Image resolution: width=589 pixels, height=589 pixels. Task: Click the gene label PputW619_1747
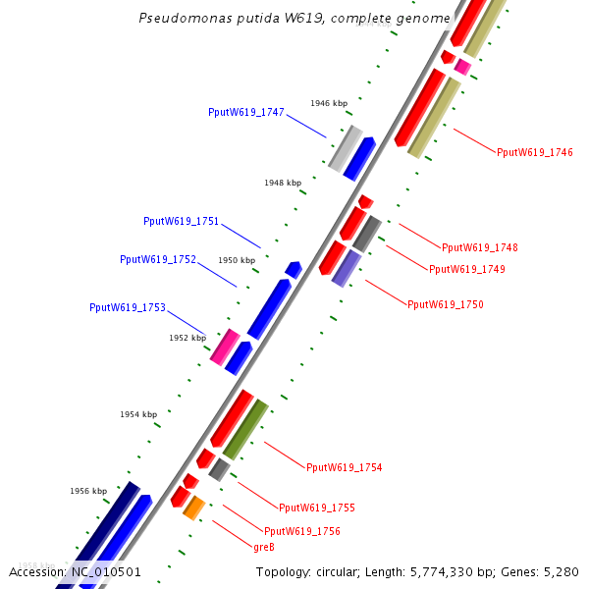(x=245, y=112)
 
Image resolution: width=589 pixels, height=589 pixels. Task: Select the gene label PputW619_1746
(x=534, y=152)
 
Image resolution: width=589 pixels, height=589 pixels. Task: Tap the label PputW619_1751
(x=181, y=222)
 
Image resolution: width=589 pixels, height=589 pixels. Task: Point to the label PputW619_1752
(x=158, y=260)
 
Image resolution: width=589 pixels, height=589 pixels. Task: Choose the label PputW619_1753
(x=128, y=307)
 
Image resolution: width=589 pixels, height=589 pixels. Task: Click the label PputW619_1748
(x=479, y=247)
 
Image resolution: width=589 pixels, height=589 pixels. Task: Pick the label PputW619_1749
(x=466, y=269)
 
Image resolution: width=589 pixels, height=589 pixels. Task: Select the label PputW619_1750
(x=445, y=305)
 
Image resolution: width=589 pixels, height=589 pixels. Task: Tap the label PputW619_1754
(x=344, y=467)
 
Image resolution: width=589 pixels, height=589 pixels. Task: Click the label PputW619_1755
(x=316, y=509)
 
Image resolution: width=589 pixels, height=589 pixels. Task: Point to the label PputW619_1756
(x=301, y=531)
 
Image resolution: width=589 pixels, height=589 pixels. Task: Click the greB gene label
(x=263, y=547)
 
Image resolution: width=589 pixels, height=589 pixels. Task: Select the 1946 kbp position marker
(x=329, y=103)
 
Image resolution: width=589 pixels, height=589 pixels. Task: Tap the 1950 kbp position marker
(x=237, y=260)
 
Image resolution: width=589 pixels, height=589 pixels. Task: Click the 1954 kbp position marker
(x=138, y=414)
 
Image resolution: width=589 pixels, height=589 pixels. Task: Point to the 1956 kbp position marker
(x=87, y=491)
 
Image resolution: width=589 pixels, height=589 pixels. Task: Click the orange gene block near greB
(x=193, y=508)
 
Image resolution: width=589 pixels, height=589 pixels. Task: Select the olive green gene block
(x=245, y=429)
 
